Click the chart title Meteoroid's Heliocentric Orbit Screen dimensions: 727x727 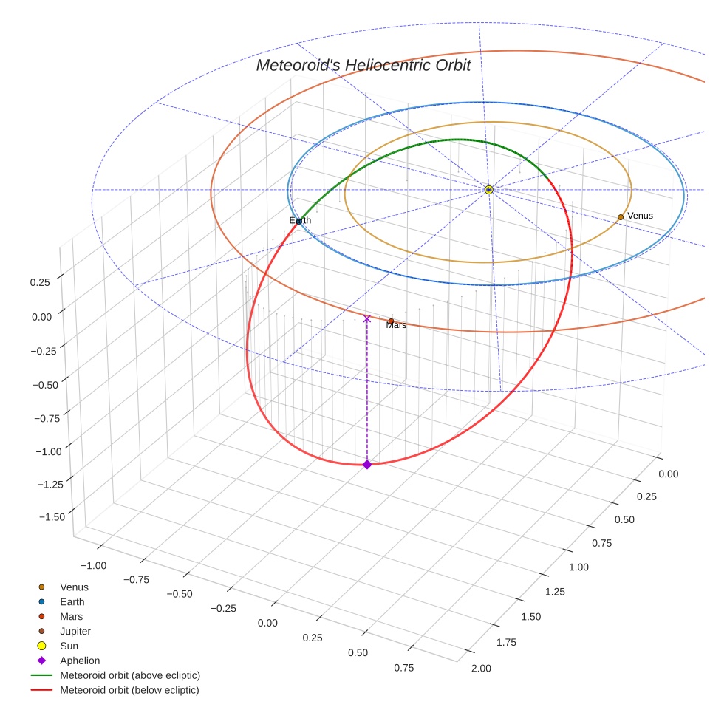click(363, 66)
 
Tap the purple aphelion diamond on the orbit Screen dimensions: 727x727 click(367, 464)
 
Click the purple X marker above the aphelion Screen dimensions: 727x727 click(367, 318)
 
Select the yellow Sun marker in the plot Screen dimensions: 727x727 click(488, 190)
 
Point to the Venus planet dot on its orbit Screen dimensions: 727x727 click(621, 216)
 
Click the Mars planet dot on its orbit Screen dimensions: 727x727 click(391, 321)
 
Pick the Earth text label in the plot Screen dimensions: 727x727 click(300, 220)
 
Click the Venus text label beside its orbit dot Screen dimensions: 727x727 click(640, 215)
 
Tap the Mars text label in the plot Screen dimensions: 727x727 click(397, 325)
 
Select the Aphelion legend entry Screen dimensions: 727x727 click(79, 661)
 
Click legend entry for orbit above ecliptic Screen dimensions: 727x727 click(129, 675)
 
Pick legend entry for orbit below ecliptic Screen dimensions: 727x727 click(129, 690)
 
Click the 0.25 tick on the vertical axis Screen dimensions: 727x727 click(42, 282)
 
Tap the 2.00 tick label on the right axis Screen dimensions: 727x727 click(480, 669)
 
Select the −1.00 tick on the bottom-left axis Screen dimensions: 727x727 click(92, 565)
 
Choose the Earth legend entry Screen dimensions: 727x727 click(72, 601)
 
